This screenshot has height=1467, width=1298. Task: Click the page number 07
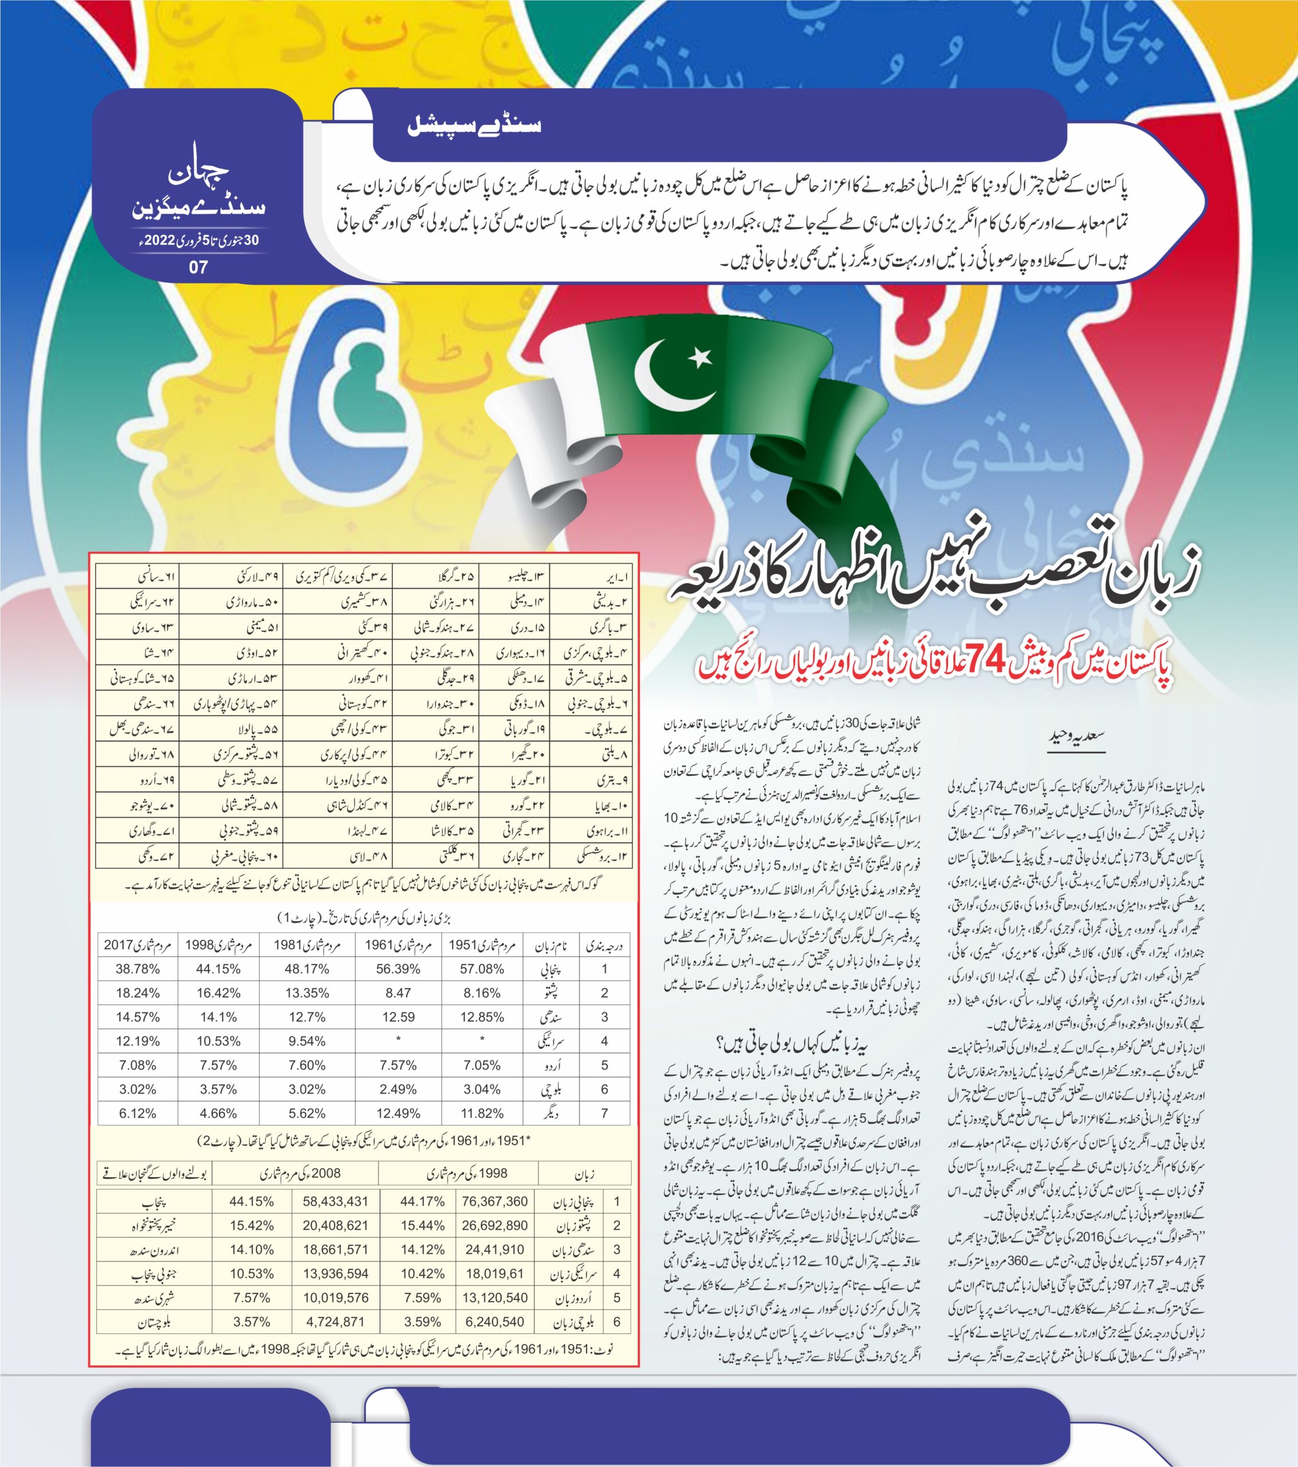click(198, 268)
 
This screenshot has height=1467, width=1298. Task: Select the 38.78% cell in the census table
click(137, 969)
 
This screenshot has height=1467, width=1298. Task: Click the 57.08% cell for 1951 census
click(482, 969)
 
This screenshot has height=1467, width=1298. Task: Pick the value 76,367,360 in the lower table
click(495, 1201)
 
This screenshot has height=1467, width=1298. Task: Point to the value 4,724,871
click(335, 1321)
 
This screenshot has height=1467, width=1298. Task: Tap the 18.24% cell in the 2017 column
click(137, 993)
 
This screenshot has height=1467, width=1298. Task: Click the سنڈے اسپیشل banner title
click(474, 126)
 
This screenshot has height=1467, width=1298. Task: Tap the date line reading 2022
click(194, 241)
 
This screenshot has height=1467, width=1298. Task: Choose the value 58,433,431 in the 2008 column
click(335, 1201)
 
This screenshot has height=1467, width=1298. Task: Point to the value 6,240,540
click(495, 1321)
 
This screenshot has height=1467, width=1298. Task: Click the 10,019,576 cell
click(335, 1297)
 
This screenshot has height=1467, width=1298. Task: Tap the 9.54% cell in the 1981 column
click(306, 1041)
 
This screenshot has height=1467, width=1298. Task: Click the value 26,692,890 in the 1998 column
click(495, 1225)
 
